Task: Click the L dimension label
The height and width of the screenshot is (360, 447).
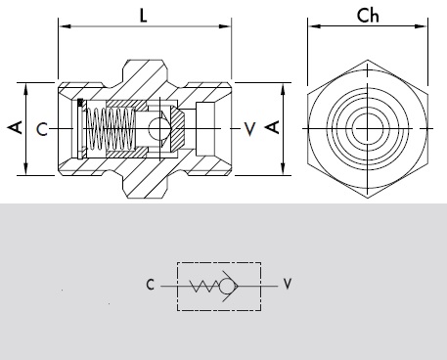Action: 143,16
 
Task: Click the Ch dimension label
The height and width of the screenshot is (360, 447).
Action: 368,16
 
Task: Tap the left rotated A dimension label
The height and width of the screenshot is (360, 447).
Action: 16,127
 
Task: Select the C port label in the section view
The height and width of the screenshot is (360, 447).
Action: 42,129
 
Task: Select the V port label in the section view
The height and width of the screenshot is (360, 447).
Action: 249,129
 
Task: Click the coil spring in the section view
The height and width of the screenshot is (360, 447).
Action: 111,129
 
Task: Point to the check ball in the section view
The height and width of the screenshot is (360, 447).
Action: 159,128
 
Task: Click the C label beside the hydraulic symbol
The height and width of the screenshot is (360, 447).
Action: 150,285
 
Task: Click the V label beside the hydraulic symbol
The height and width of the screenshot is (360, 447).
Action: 287,284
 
